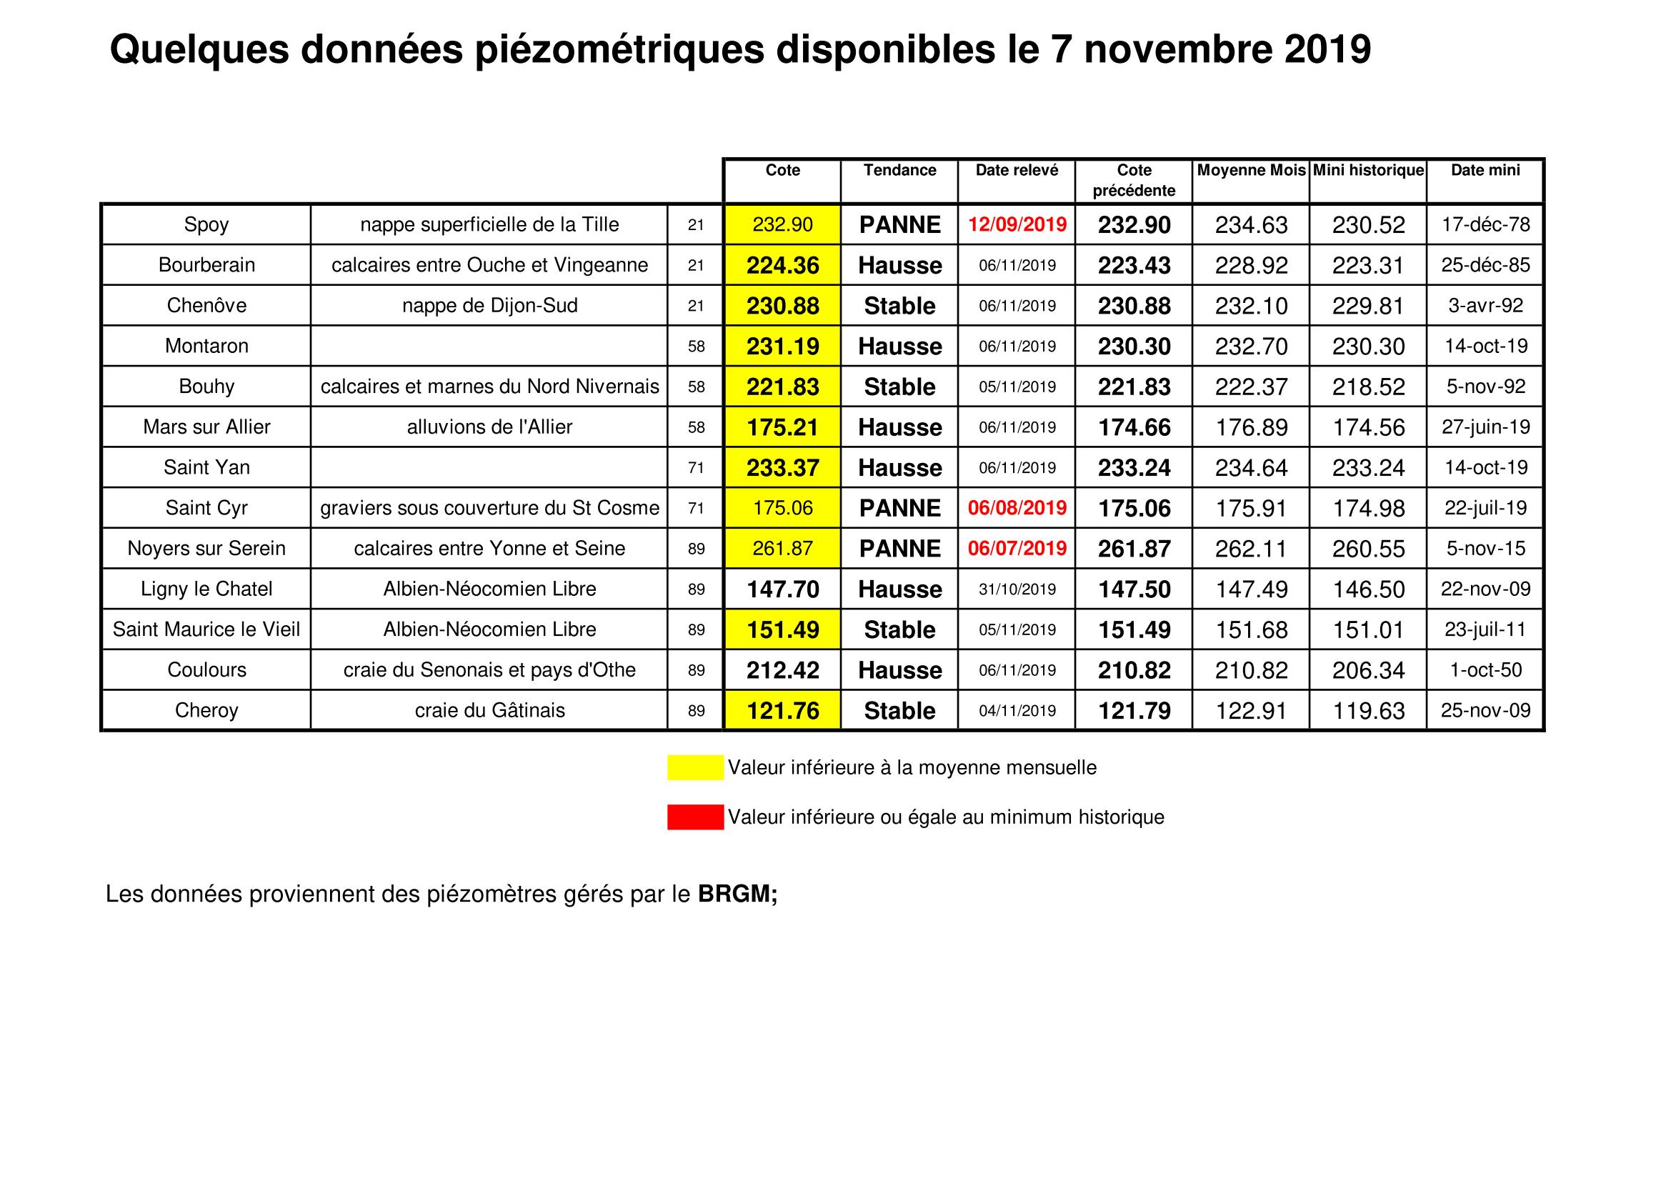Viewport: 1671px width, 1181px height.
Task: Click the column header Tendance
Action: [899, 170]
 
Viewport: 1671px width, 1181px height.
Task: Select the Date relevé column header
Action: [1017, 170]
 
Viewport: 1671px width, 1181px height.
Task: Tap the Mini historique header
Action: [1368, 170]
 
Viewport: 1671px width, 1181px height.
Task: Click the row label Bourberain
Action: [206, 265]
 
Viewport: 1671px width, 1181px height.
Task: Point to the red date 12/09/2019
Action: [1017, 224]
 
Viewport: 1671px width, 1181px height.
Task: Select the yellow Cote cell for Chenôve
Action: [782, 306]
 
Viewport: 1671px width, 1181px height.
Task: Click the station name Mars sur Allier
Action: [206, 427]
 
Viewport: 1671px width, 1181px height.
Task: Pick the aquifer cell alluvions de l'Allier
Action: [489, 427]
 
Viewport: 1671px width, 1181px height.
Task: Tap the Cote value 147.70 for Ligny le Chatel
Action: [782, 589]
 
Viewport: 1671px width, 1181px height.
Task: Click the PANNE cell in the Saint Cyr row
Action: [899, 508]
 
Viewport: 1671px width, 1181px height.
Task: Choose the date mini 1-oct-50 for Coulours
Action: [1485, 670]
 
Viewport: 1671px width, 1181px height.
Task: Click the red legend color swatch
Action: [695, 817]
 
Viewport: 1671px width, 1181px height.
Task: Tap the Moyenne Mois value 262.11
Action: [1251, 549]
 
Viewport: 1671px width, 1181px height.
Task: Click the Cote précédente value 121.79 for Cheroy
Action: [1134, 711]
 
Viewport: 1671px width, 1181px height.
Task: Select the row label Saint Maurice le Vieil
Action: [206, 629]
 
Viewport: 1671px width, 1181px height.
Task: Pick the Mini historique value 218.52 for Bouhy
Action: [1368, 387]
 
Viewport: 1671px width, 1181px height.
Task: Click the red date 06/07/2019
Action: [1017, 549]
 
